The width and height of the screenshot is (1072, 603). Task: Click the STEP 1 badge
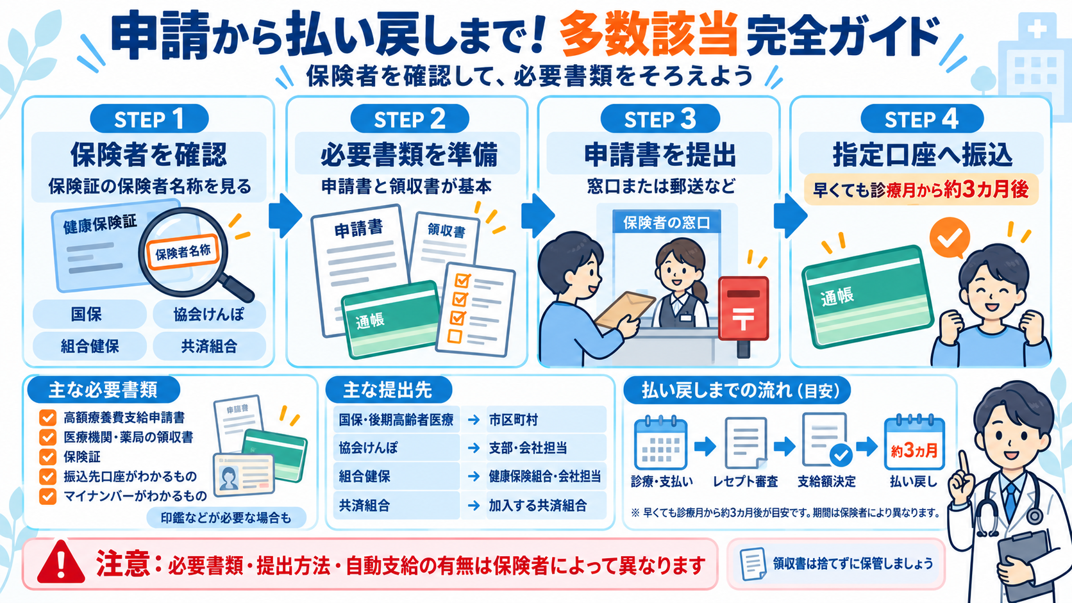[x=149, y=119]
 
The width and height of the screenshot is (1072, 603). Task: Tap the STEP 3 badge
[x=660, y=119]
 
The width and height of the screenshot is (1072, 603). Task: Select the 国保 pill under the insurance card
[x=89, y=314]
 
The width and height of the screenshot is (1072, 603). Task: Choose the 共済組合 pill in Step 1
[x=209, y=346]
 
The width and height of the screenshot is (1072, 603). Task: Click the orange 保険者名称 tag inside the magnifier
[x=183, y=252]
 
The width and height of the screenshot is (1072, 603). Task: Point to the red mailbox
[x=743, y=316]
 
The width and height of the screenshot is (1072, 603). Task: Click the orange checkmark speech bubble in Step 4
[x=950, y=238]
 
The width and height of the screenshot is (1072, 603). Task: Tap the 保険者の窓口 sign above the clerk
[x=667, y=222]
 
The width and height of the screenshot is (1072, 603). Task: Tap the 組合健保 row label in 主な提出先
[x=365, y=476]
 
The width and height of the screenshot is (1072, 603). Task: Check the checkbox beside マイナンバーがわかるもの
[x=47, y=497]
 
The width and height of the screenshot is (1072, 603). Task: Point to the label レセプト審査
[x=745, y=481]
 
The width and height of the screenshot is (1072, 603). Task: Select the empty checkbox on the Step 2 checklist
[x=454, y=336]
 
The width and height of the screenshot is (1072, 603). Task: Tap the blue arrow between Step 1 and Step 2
[x=285, y=216]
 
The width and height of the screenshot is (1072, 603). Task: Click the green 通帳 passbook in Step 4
[x=867, y=297]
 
